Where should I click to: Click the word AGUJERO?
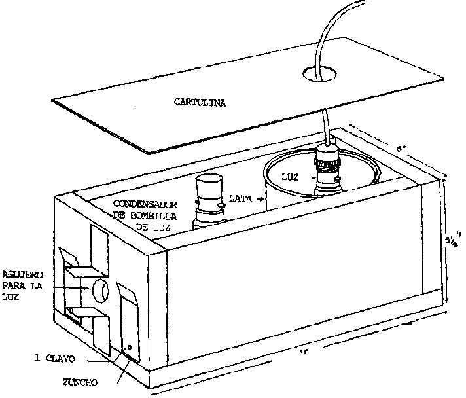pyautogui.click(x=25, y=274)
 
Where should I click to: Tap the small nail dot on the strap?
pyautogui.click(x=130, y=348)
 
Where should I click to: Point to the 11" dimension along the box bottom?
pyautogui.click(x=304, y=354)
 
